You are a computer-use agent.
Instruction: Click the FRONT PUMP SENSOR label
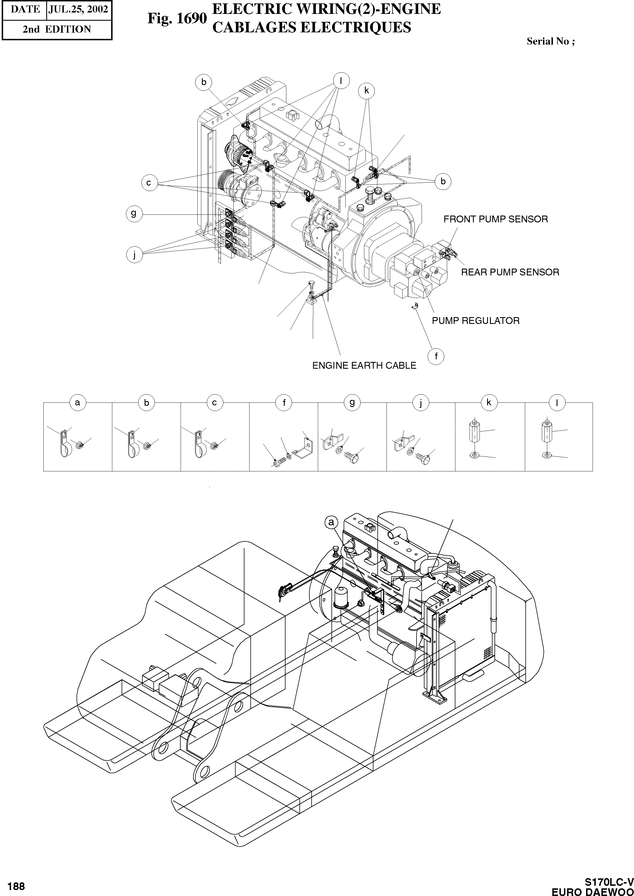click(x=495, y=220)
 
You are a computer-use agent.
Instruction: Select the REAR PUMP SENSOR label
click(x=510, y=272)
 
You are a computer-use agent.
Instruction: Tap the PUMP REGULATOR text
click(x=476, y=321)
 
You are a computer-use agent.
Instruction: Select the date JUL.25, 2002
click(x=78, y=9)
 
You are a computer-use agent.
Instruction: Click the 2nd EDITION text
click(x=57, y=29)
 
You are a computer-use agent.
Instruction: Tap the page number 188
click(x=16, y=886)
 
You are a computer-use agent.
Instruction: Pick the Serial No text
click(x=550, y=41)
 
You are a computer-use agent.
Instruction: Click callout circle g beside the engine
click(x=134, y=214)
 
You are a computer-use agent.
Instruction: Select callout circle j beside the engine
click(x=134, y=255)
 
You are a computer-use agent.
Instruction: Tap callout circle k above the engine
click(x=366, y=90)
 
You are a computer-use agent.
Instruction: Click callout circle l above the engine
click(x=341, y=81)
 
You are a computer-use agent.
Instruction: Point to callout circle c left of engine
click(x=149, y=183)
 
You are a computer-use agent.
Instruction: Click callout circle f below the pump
click(x=436, y=356)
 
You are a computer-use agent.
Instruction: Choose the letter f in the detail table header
click(x=284, y=402)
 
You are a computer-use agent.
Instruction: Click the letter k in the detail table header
click(x=489, y=402)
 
